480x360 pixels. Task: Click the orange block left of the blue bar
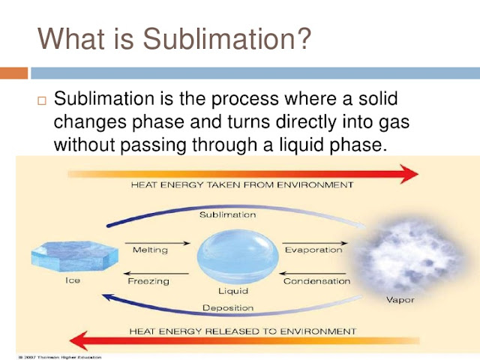pos(13,73)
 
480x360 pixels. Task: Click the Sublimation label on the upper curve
pos(227,214)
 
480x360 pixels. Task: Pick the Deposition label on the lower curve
pos(227,307)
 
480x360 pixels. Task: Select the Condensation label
pos(316,281)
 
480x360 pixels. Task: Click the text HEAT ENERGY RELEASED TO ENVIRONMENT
pos(242,330)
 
